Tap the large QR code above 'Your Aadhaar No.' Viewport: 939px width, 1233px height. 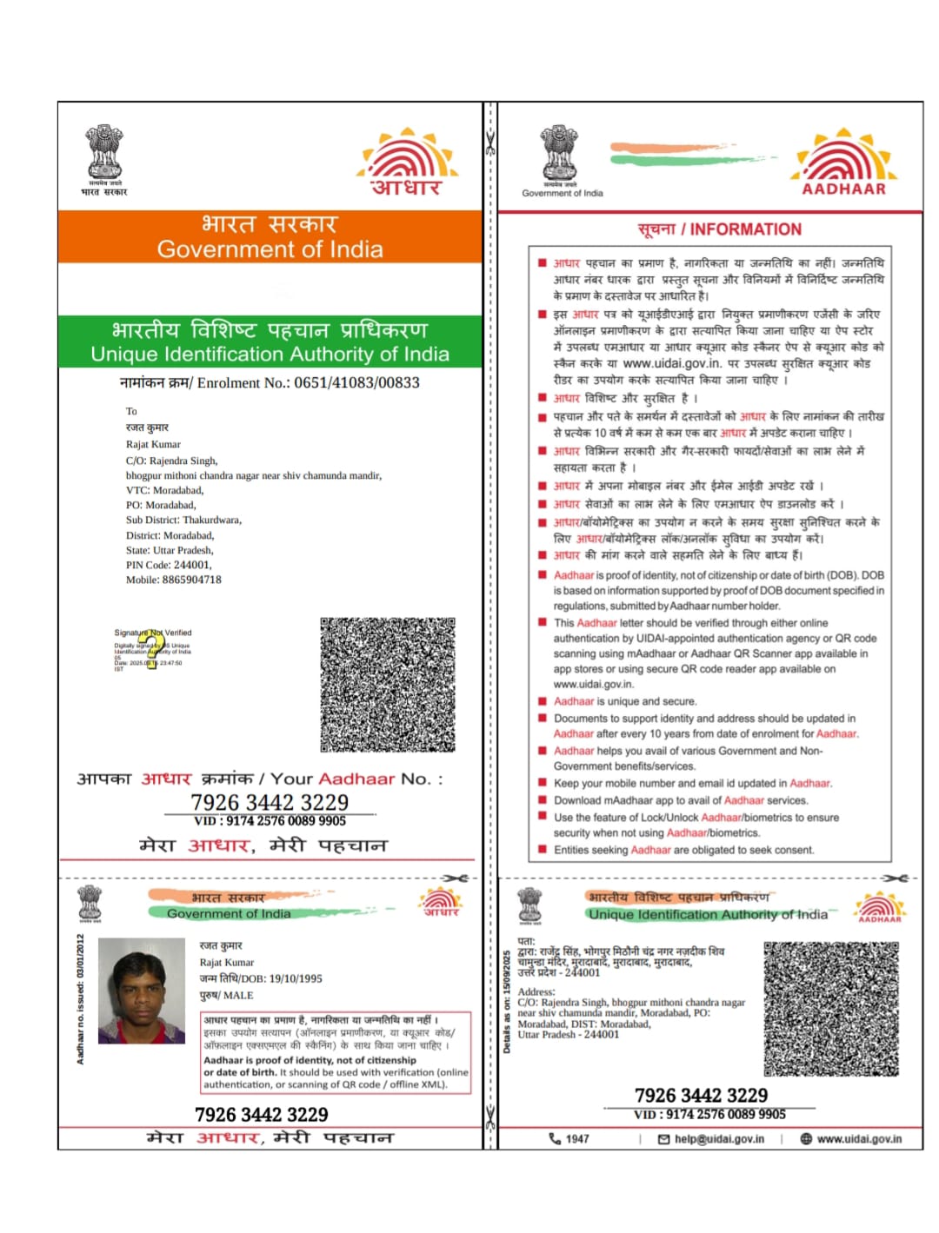388,685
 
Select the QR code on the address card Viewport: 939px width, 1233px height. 831,1009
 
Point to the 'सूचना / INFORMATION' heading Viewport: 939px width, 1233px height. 719,229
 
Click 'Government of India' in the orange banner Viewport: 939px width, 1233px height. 270,249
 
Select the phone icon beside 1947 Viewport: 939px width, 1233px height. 555,1138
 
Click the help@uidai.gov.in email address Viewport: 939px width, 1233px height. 719,1138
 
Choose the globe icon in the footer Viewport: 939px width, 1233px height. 806,1138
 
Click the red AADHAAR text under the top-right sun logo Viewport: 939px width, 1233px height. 843,189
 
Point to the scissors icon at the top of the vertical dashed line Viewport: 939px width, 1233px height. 490,142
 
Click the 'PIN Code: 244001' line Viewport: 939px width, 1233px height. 169,565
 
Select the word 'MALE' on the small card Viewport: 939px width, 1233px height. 238,995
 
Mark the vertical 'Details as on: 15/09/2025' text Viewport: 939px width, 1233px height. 507,1001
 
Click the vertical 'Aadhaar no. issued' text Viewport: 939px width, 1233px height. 80,999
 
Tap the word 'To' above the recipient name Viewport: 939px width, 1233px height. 131,411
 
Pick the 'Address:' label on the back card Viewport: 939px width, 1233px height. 536,991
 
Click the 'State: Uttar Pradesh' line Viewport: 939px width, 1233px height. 170,550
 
